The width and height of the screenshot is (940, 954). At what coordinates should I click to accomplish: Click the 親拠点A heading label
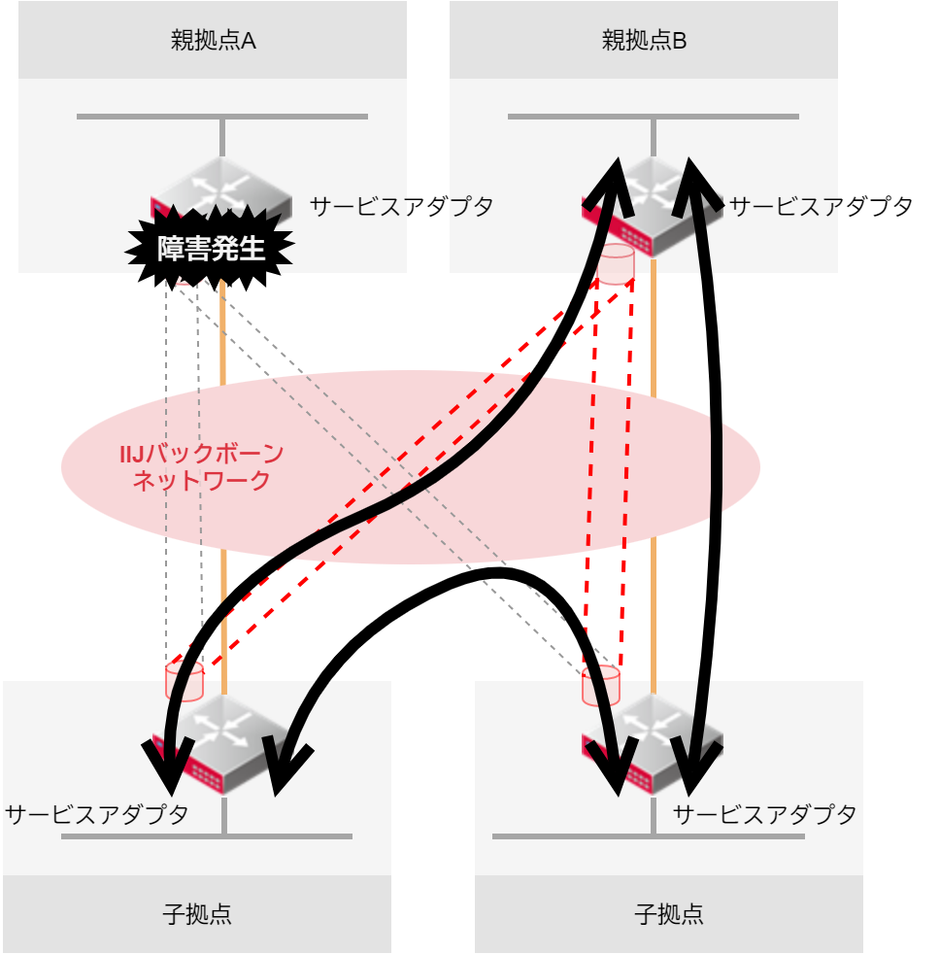(213, 41)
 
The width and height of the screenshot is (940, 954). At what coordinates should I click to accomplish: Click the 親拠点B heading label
(644, 41)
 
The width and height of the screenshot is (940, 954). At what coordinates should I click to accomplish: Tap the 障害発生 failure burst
(210, 248)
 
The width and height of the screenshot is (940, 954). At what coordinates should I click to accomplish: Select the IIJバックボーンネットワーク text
(201, 467)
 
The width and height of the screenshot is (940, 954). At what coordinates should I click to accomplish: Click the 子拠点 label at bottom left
(197, 914)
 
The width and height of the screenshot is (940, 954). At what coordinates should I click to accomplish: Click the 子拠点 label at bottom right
(669, 914)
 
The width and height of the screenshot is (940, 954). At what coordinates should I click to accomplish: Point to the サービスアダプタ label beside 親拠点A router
(401, 207)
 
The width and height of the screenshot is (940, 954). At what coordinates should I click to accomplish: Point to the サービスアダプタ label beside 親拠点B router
(821, 207)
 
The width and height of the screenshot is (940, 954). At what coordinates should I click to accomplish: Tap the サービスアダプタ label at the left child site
(97, 814)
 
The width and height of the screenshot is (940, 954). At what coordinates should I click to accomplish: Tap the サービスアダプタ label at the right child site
(764, 814)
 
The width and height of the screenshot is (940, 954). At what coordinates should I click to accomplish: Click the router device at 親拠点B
(653, 207)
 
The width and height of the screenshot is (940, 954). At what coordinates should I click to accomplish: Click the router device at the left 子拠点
(222, 745)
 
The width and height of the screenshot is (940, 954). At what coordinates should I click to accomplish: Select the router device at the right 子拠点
(653, 745)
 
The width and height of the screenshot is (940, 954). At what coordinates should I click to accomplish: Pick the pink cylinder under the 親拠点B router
(616, 264)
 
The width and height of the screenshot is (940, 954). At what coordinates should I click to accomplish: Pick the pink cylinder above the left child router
(185, 681)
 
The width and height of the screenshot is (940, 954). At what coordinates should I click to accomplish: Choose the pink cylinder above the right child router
(601, 686)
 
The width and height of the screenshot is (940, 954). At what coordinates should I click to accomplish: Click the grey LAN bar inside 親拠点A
(222, 117)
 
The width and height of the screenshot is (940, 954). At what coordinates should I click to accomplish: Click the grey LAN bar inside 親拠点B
(653, 117)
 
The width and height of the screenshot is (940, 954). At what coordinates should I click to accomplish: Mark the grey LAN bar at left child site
(207, 836)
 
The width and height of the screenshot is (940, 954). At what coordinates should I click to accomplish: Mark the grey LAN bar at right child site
(648, 836)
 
